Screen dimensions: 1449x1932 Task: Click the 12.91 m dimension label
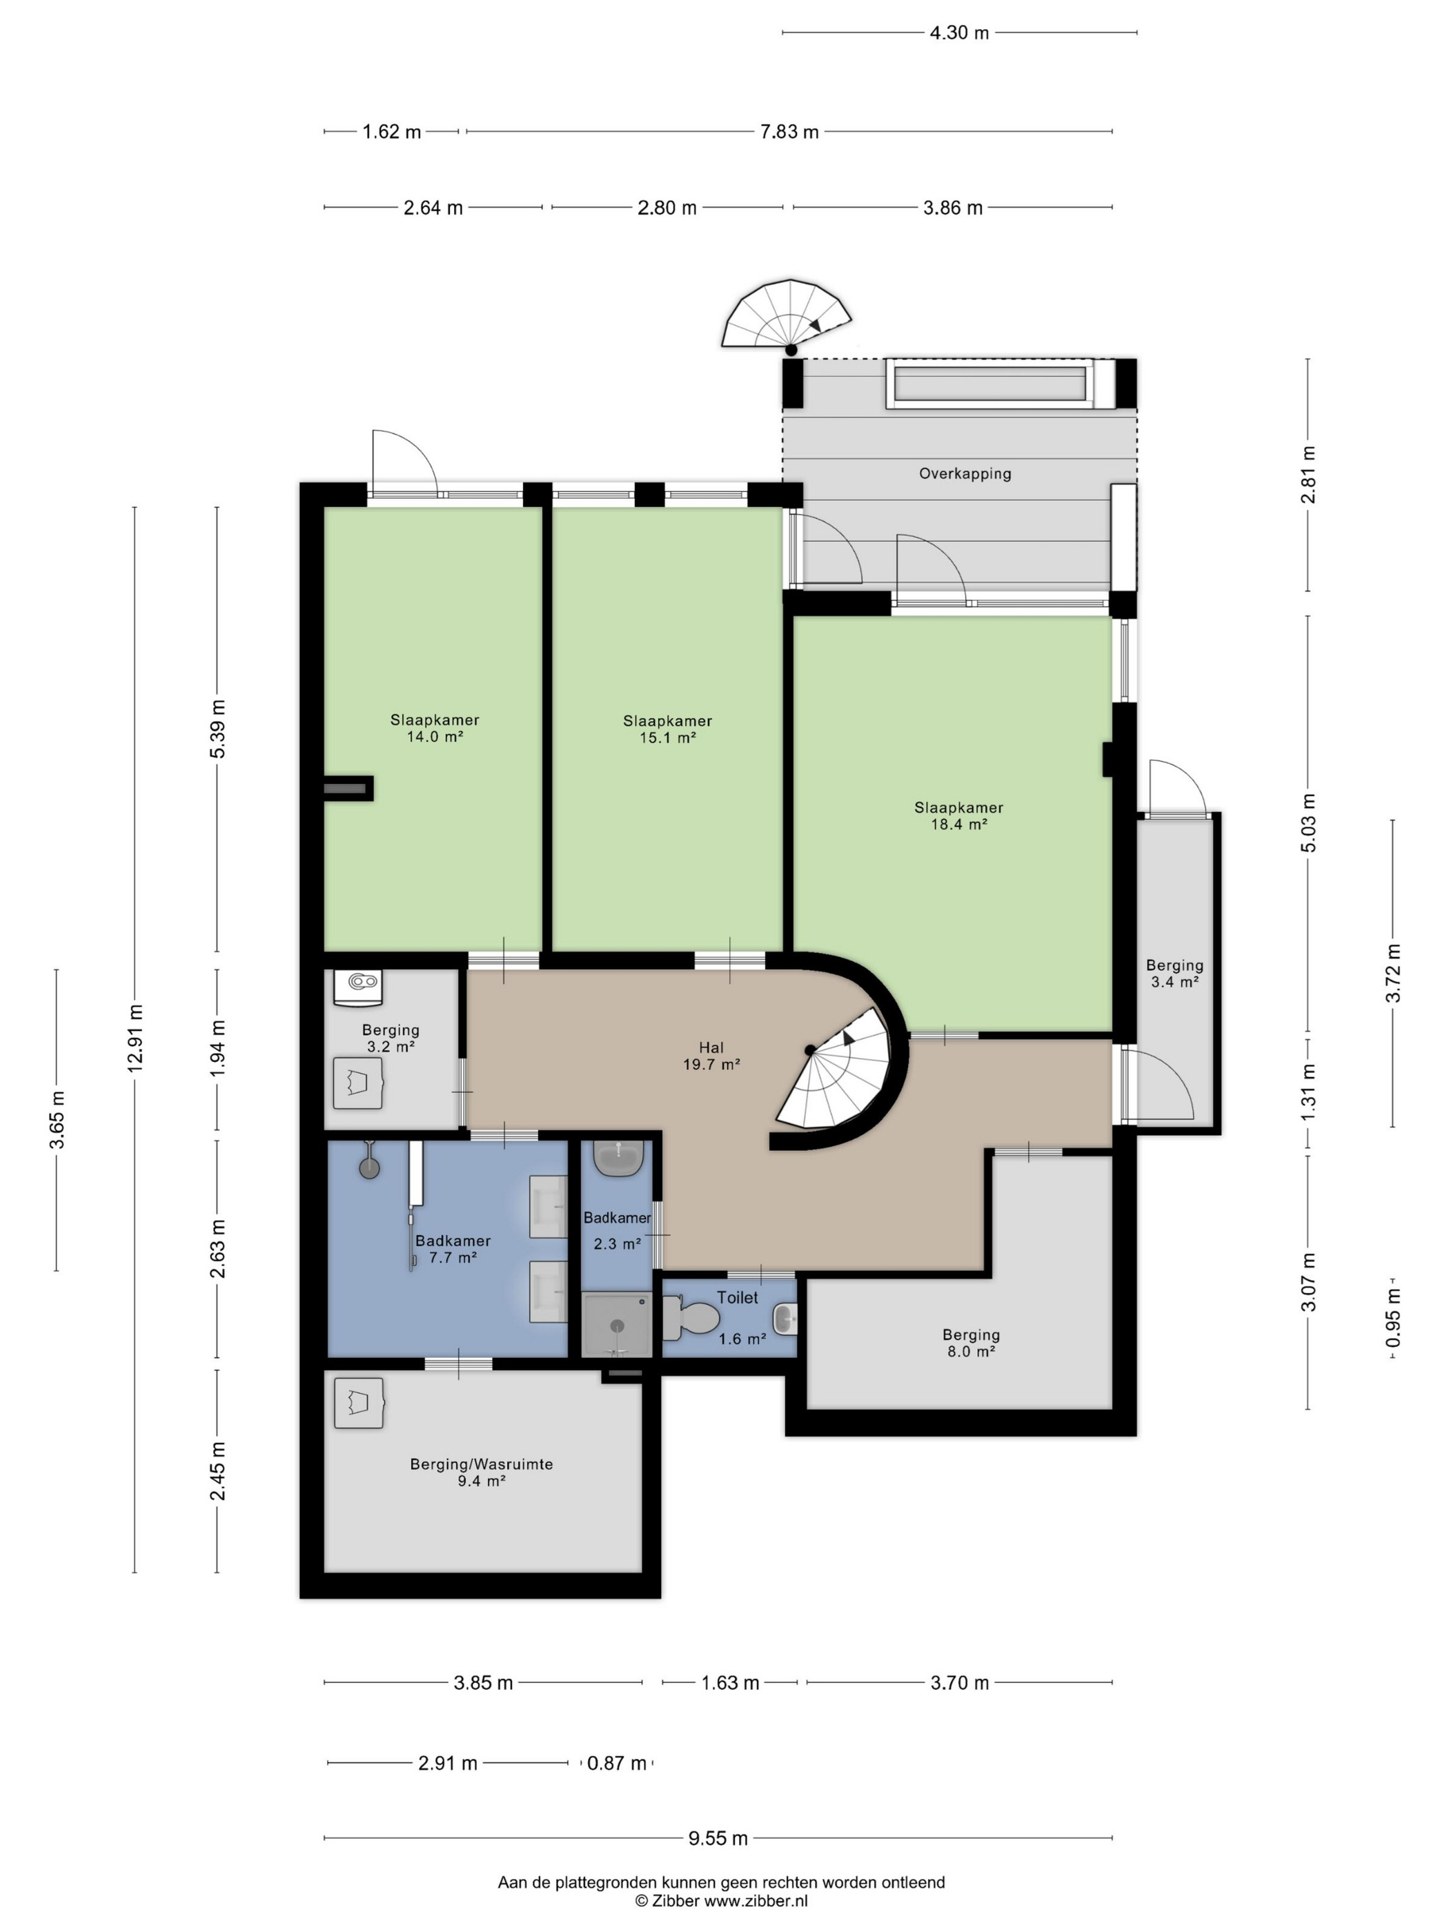point(135,1038)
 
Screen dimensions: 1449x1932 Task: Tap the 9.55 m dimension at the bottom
point(718,1837)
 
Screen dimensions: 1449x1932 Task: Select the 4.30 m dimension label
point(959,32)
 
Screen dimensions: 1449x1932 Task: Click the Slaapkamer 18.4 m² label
point(958,815)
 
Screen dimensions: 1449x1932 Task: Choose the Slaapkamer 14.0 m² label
point(434,727)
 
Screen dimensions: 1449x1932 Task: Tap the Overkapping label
point(964,473)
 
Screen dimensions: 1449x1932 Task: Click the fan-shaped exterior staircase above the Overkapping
point(785,315)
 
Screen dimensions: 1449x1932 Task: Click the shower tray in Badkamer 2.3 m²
point(617,1324)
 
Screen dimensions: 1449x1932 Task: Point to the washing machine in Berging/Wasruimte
point(359,1403)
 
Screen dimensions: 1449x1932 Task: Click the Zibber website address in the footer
point(756,1900)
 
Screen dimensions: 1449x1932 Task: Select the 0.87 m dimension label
point(617,1762)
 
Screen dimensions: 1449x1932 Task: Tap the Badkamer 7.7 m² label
point(453,1249)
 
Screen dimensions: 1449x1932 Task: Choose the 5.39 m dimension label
point(217,729)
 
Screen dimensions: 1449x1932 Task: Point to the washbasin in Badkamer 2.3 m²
point(619,1158)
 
